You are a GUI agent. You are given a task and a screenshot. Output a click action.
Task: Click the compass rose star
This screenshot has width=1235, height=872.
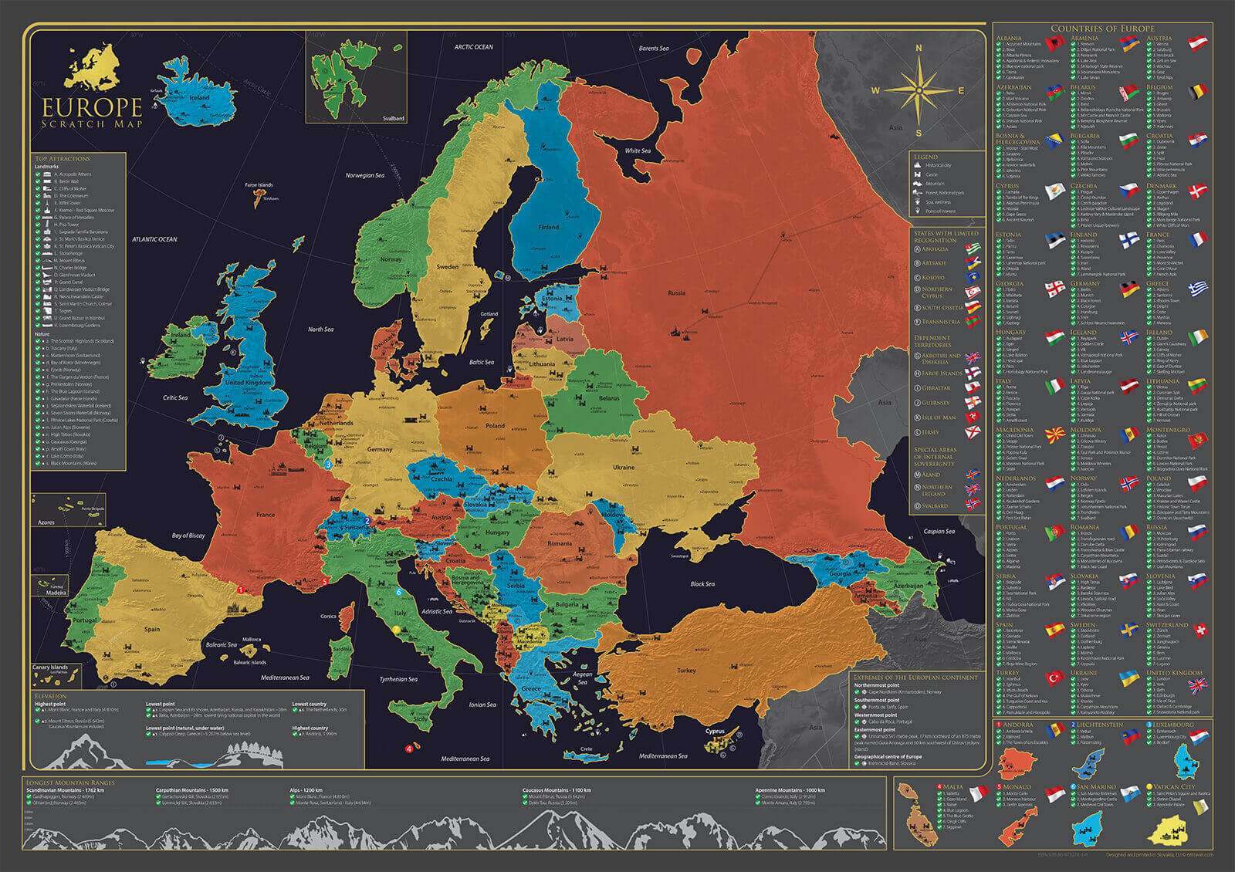point(919,90)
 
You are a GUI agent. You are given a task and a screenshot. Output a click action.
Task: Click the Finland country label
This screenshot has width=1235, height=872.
point(548,228)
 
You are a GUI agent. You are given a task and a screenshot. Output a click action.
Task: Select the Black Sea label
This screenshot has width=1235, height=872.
point(702,584)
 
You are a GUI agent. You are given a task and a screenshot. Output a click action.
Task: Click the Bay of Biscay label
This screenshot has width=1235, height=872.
point(189,535)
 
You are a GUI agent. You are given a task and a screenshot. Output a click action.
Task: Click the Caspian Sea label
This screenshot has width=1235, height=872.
point(939,532)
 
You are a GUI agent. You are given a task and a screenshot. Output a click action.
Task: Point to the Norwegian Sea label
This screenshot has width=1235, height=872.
point(364,175)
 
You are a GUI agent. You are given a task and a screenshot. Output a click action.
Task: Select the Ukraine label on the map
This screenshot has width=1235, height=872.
point(624,468)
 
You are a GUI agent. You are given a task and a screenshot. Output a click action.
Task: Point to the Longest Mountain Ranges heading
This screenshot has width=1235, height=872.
point(60,782)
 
